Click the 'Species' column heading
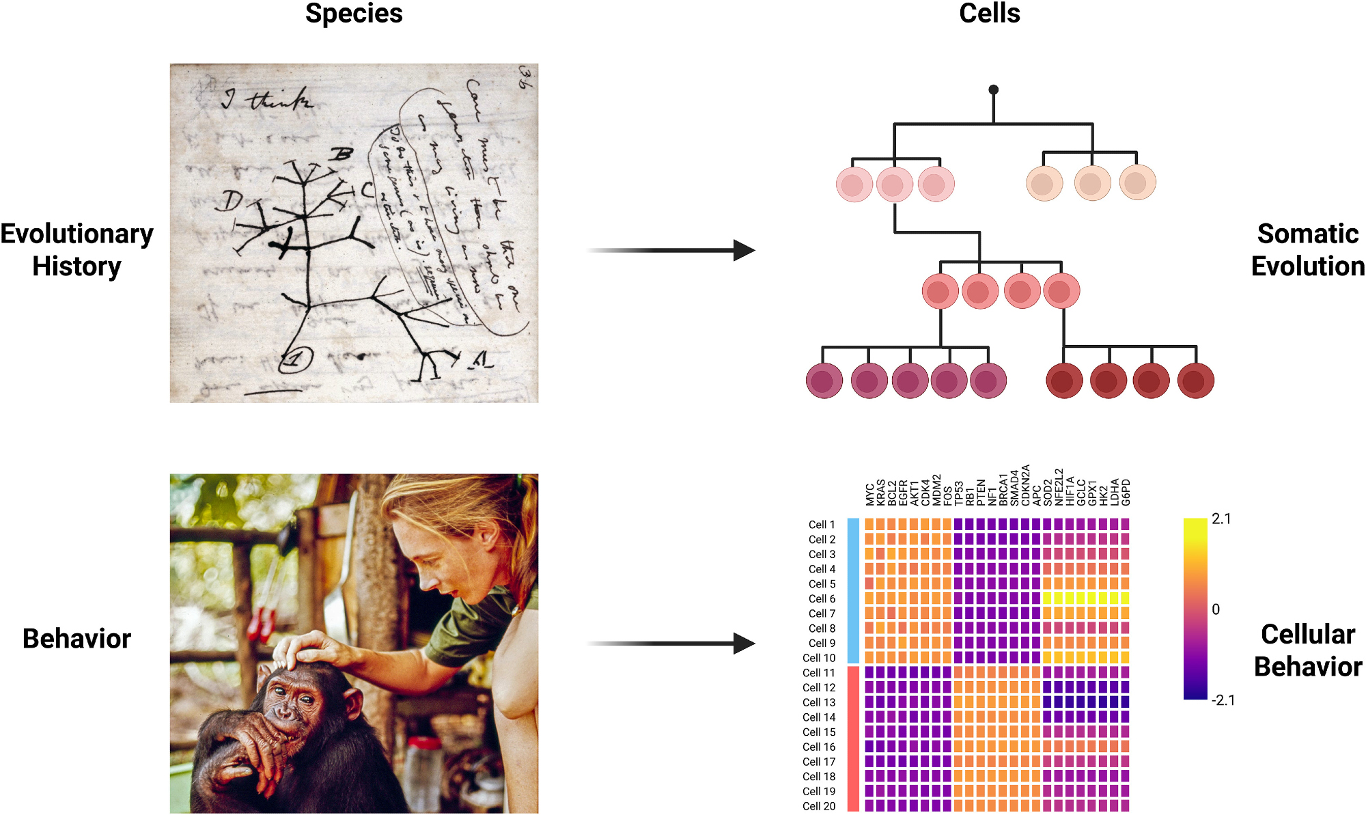pos(354,14)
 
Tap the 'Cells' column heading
pos(989,14)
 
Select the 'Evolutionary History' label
pos(76,249)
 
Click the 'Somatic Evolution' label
pos(1307,249)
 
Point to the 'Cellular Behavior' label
pos(1307,650)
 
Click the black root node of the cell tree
pos(994,89)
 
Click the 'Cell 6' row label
pos(822,598)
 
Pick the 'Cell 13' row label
pos(819,702)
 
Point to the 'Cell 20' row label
pos(819,806)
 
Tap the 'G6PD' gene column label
pos(1126,492)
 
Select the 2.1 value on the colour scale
pos(1221,519)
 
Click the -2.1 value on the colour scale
pos(1223,700)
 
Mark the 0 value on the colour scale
pos(1216,609)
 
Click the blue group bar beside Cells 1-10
pos(853,591)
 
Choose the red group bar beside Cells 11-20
pos(853,738)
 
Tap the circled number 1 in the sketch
pos(296,359)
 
